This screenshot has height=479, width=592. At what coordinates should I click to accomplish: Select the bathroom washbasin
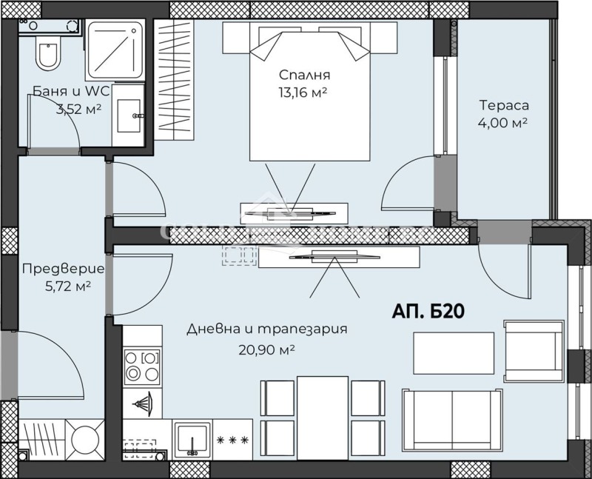click(x=129, y=115)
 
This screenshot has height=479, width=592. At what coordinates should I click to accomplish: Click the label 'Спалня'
click(x=304, y=75)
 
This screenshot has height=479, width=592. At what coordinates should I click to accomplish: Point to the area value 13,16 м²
click(x=302, y=93)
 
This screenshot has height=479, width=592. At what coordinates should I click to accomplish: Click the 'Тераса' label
click(x=504, y=105)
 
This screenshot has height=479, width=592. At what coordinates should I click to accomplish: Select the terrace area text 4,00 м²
click(x=503, y=123)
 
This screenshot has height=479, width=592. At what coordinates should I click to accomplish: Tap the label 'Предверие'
click(x=62, y=268)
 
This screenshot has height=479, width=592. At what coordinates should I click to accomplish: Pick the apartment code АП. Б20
click(x=428, y=311)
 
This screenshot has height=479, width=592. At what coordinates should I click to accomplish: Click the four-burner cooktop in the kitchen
click(x=141, y=365)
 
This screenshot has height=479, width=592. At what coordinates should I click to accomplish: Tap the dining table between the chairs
click(x=323, y=408)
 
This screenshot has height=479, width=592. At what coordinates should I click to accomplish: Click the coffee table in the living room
click(x=453, y=353)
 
